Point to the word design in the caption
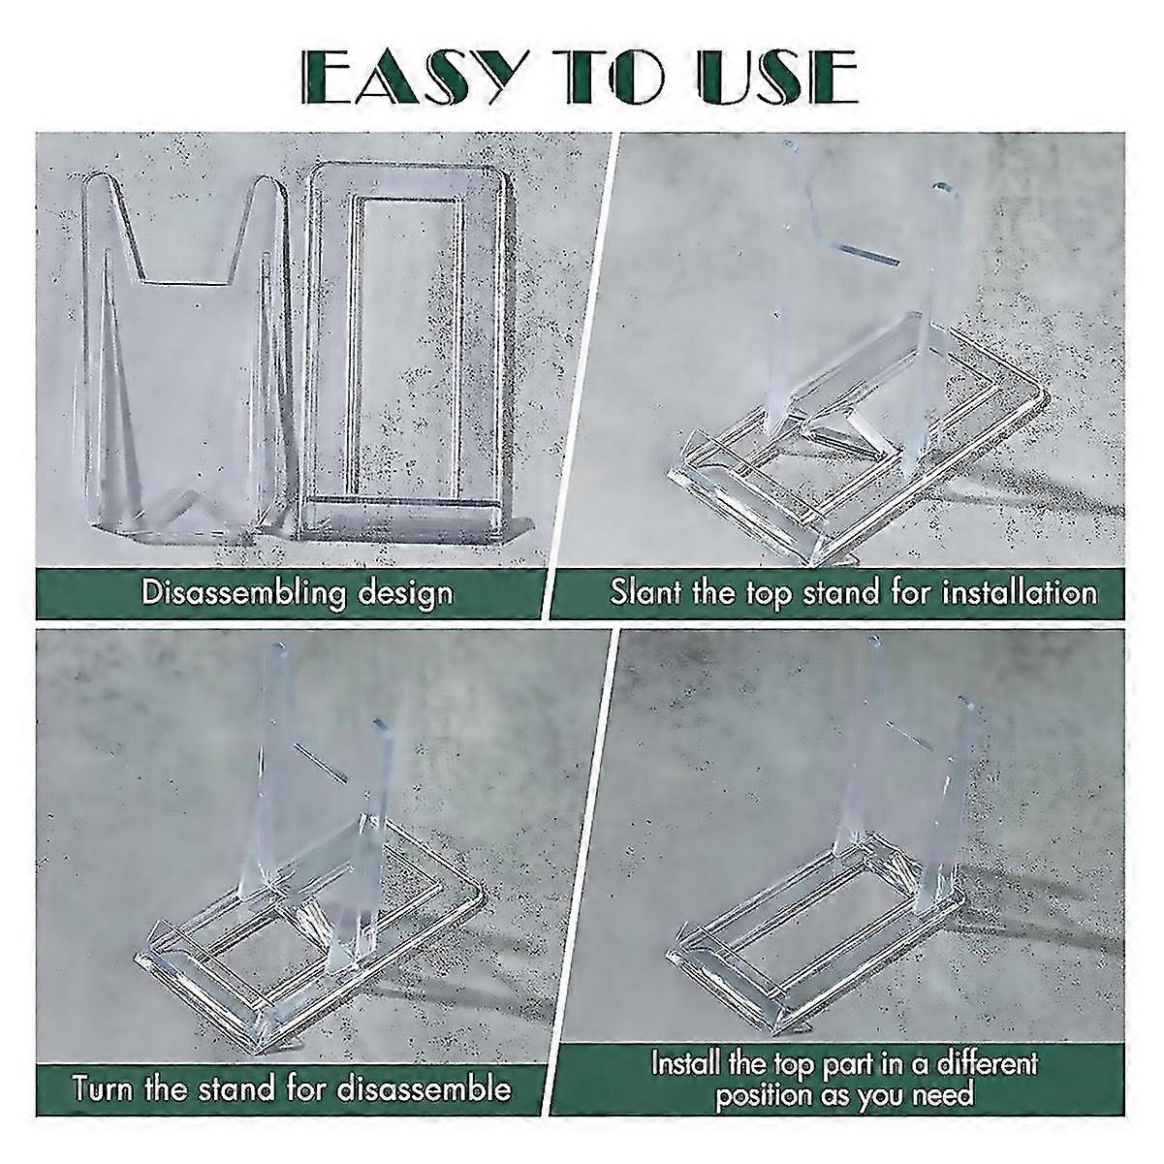(405, 592)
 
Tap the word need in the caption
(939, 1096)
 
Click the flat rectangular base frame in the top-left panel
(407, 349)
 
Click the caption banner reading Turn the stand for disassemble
(291, 1087)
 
